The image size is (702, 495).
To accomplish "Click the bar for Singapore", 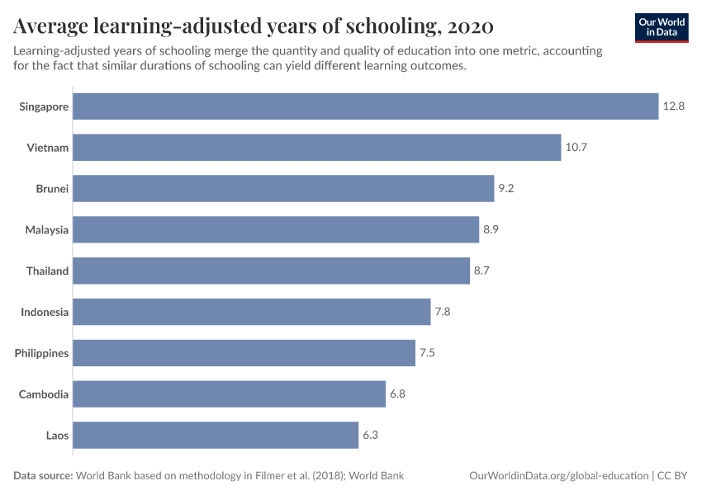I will tap(366, 106).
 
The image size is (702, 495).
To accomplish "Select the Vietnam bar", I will tap(317, 148).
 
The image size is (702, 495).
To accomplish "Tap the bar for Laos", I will tap(216, 435).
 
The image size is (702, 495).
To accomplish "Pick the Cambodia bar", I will tap(230, 394).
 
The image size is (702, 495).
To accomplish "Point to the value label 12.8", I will tap(673, 106).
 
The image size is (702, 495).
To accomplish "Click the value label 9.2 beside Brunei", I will tap(506, 189).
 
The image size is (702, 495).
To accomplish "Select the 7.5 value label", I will tap(427, 353).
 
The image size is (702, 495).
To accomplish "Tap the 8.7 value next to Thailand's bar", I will tap(481, 271).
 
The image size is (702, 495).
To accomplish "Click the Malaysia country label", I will tap(46, 229).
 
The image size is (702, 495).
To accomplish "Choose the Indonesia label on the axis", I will tap(45, 312).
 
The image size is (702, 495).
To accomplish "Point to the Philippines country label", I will tap(41, 353).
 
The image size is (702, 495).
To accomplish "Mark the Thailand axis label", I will tap(47, 271).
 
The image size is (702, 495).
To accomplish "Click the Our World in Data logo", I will tap(662, 27).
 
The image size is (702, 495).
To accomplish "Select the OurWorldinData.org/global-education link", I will tap(557, 476).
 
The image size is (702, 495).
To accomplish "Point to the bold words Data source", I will tap(43, 476).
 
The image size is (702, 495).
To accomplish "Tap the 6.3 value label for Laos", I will tap(370, 435).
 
